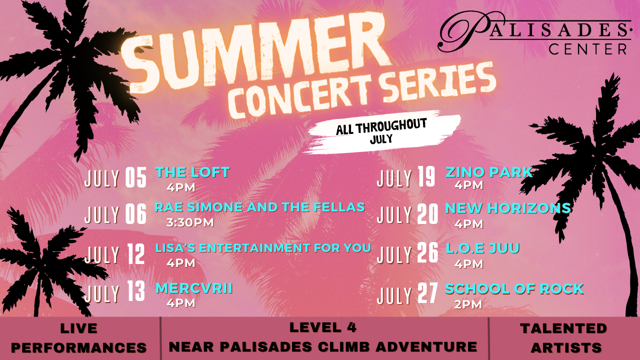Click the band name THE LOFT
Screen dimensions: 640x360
pyautogui.click(x=192, y=172)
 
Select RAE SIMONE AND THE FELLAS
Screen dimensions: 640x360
pyautogui.click(x=259, y=207)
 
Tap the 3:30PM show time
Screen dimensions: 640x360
pyautogui.click(x=190, y=222)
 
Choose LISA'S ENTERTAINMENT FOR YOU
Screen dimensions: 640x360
pyautogui.click(x=263, y=248)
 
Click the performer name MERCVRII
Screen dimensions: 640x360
pyautogui.click(x=193, y=288)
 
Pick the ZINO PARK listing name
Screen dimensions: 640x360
pyautogui.click(x=489, y=172)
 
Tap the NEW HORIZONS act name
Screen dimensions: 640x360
pyautogui.click(x=508, y=208)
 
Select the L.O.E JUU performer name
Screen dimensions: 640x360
pyautogui.click(x=482, y=248)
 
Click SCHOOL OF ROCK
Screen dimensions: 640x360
pyautogui.click(x=514, y=289)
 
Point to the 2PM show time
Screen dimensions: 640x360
pyautogui.click(x=468, y=304)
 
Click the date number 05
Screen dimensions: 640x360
pyautogui.click(x=135, y=177)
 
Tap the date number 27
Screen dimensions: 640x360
pyautogui.click(x=427, y=293)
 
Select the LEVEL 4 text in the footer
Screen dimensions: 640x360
pyautogui.click(x=323, y=327)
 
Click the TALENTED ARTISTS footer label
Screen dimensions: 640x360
pyautogui.click(x=563, y=338)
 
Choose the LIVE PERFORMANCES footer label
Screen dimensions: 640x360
pyautogui.click(x=79, y=338)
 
